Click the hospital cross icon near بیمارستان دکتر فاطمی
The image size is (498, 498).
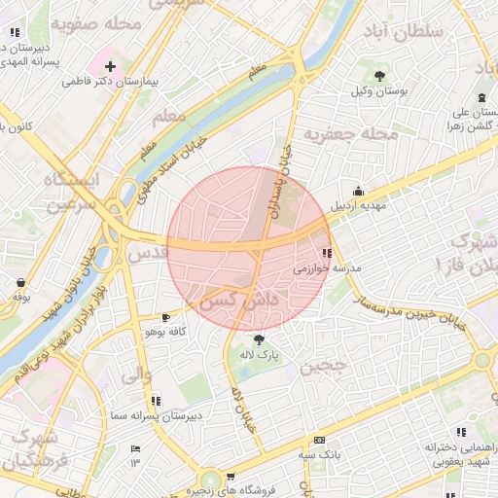tap(109, 67)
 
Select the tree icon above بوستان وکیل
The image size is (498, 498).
tap(378, 75)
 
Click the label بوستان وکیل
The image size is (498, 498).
tap(378, 90)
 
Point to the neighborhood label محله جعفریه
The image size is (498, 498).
tap(351, 133)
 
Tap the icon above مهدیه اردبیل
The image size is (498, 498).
tap(359, 191)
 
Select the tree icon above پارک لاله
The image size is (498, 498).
tap(259, 339)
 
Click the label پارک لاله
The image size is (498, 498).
tap(260, 355)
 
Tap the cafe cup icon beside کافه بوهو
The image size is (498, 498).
tap(165, 317)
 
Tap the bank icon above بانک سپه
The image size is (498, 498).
tap(319, 440)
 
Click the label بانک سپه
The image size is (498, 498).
tap(319, 454)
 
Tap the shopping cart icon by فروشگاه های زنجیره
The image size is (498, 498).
tap(230, 477)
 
